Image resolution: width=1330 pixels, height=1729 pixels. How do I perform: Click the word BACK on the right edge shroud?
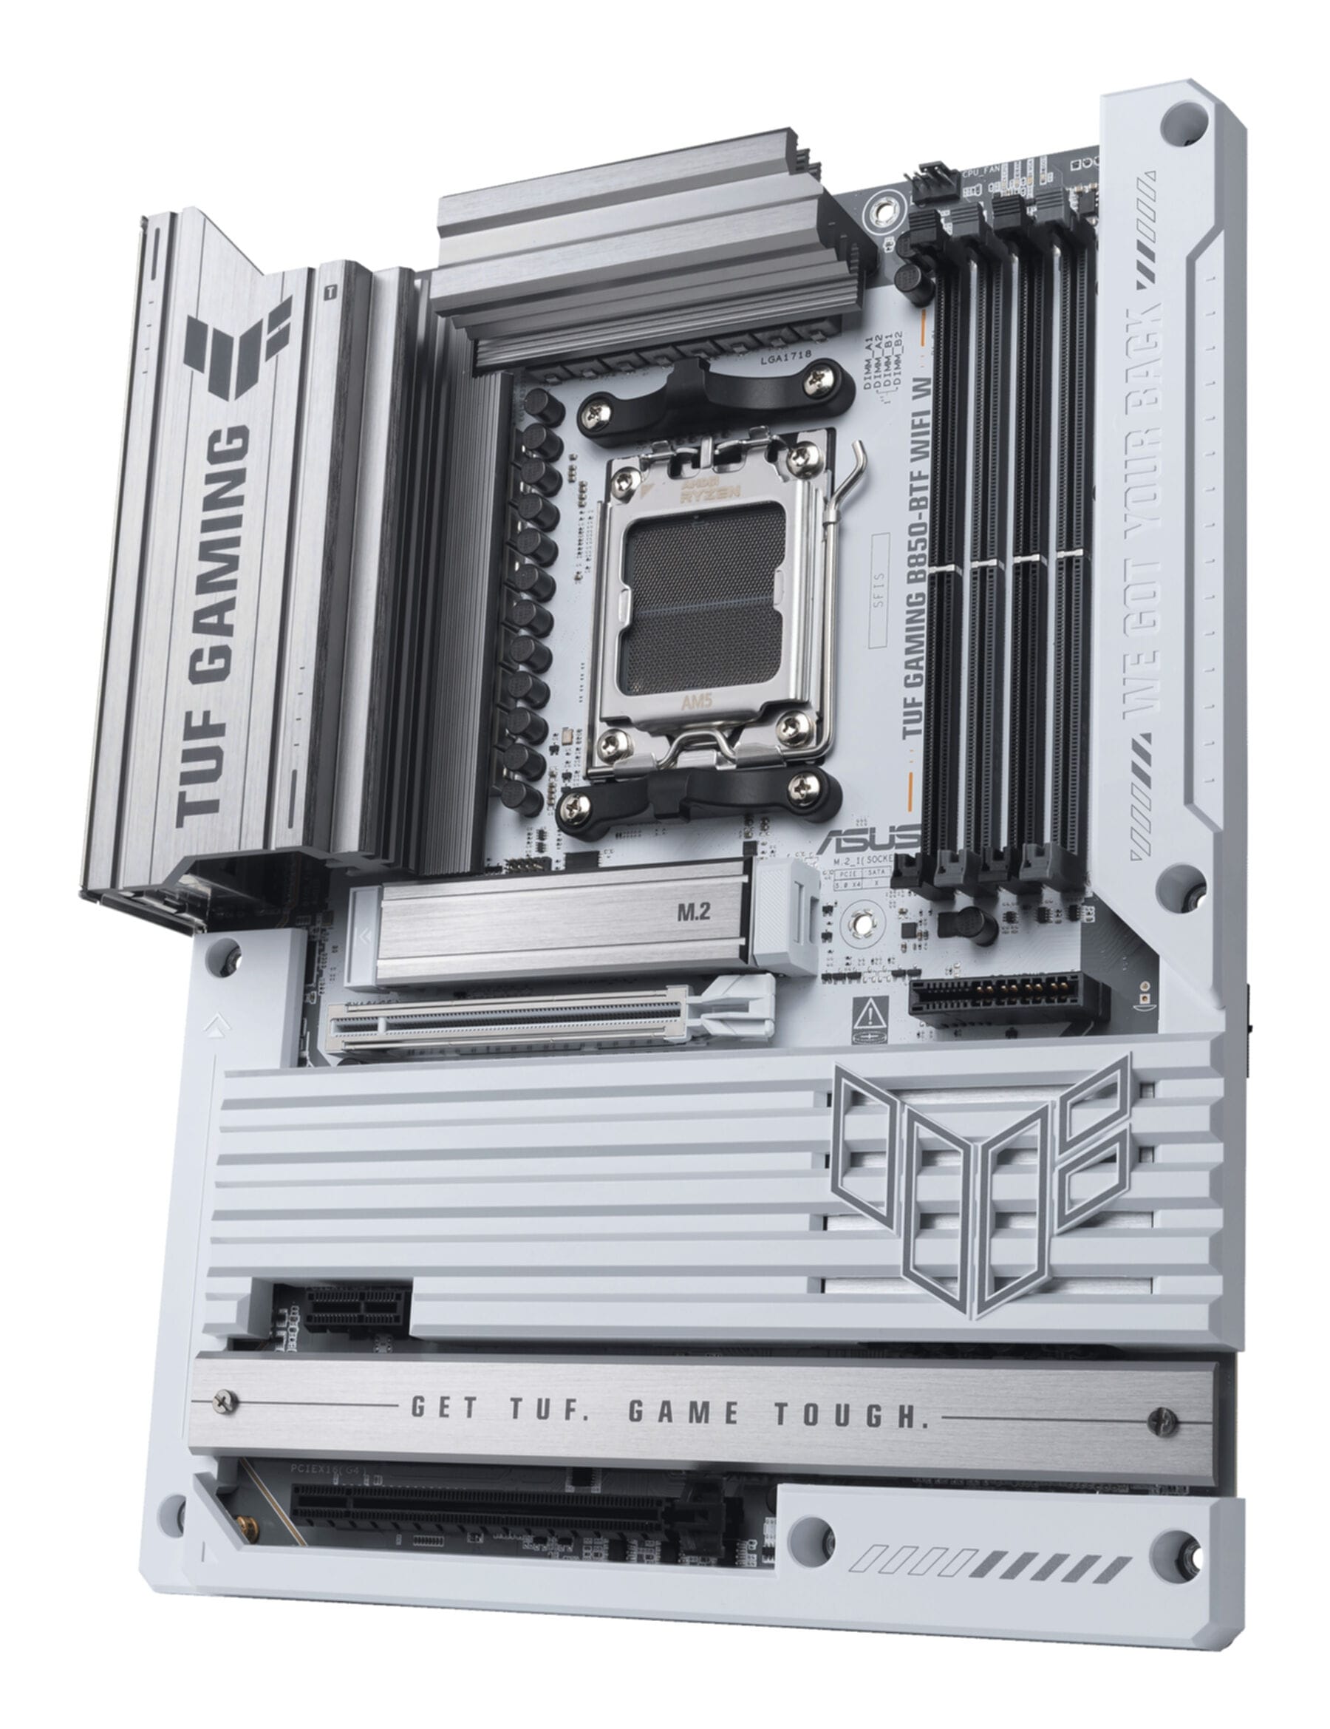1147,325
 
